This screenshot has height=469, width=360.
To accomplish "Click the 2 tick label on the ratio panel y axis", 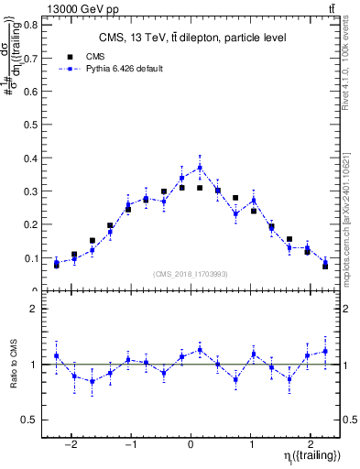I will click(x=35, y=309).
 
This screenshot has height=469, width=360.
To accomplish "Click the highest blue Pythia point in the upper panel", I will click(x=200, y=168).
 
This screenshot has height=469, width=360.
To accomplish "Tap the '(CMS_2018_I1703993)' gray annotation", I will click(x=191, y=274).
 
